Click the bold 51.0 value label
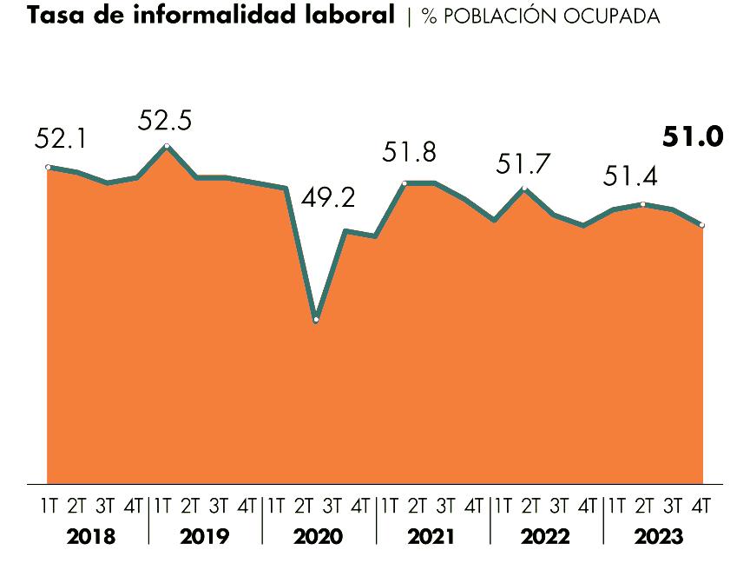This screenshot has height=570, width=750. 692,137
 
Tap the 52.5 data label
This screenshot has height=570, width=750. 164,120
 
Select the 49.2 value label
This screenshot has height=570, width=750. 328,198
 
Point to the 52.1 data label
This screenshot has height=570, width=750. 60,138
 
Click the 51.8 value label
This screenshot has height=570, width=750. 409,153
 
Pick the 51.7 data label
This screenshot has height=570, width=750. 523,162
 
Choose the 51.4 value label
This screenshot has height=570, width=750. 630,176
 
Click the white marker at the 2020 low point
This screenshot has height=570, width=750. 316,320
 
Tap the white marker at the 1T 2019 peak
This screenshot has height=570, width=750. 167,146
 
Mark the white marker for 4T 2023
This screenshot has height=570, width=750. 701,225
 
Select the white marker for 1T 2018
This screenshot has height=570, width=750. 48,167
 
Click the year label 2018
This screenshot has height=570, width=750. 90,537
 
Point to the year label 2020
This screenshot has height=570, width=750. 318,537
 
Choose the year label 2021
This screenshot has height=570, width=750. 431,537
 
